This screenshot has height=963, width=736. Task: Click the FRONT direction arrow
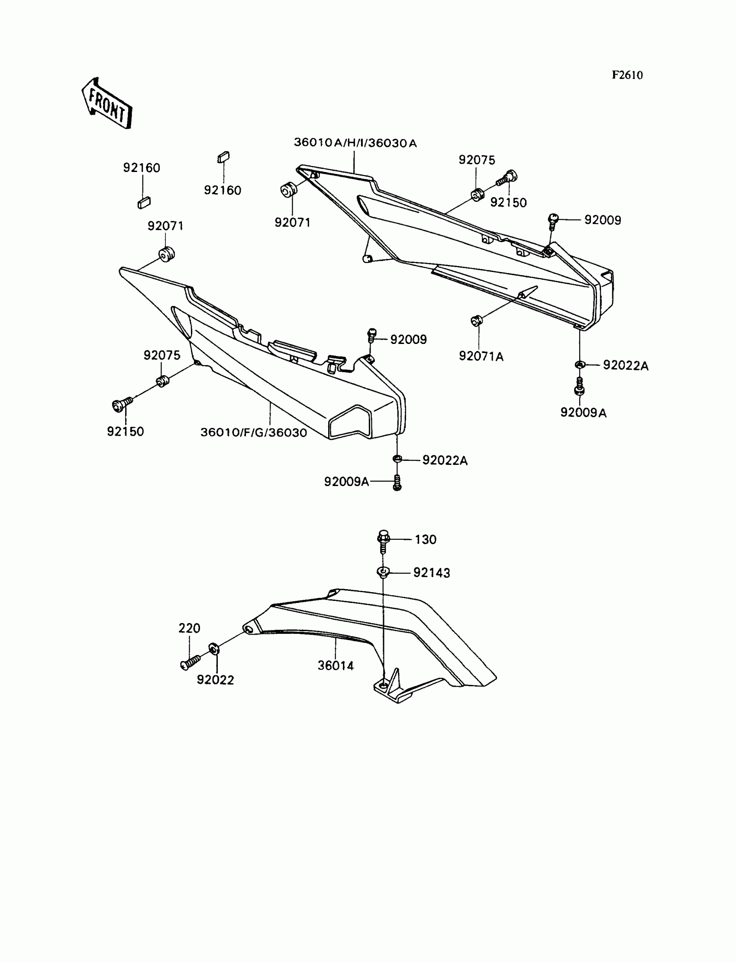tap(107, 104)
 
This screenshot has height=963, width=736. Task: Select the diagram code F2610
tap(627, 75)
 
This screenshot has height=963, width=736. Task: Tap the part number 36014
tap(336, 665)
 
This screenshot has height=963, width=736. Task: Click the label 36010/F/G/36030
tap(254, 433)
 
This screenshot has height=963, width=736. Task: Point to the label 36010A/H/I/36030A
tap(355, 143)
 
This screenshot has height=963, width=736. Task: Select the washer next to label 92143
tap(383, 572)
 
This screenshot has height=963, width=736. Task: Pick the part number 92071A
tap(481, 357)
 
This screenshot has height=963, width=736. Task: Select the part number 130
tap(426, 540)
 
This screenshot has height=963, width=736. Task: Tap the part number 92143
tap(432, 573)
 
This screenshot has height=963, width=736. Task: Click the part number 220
tap(189, 628)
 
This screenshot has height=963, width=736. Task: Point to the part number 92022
tap(215, 680)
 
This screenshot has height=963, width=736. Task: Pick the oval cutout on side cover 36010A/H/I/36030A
tap(366, 207)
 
